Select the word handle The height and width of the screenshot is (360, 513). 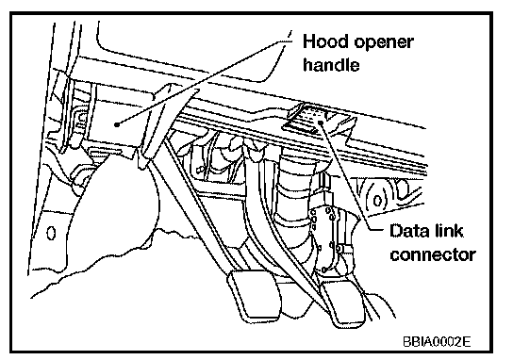[331, 64]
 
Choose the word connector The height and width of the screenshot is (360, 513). [433, 254]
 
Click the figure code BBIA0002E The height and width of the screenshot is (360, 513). [437, 342]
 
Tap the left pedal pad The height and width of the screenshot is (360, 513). [255, 295]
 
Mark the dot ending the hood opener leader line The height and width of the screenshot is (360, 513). [117, 124]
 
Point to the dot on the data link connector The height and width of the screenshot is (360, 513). [322, 122]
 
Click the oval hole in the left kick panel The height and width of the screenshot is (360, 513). [51, 233]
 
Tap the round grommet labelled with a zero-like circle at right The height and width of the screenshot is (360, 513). [377, 200]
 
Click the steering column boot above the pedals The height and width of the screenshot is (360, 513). [294, 196]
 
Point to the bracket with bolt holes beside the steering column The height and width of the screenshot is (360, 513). [331, 238]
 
